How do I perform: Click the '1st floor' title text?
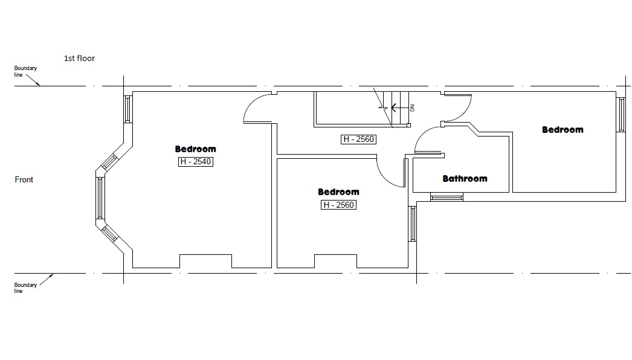click(x=79, y=59)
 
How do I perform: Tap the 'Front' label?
click(x=24, y=180)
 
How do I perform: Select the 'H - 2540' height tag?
click(x=196, y=162)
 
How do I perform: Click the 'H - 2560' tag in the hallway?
click(x=359, y=140)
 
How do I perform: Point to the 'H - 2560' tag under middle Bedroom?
click(x=338, y=205)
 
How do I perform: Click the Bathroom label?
click(x=465, y=179)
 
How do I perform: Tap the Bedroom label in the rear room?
click(x=563, y=130)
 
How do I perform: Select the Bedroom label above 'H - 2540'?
click(x=196, y=149)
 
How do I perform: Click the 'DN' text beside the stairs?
click(x=412, y=108)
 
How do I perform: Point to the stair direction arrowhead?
click(x=393, y=108)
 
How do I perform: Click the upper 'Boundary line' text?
click(x=25, y=71)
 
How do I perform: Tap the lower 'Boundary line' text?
click(x=25, y=288)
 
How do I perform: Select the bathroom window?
click(x=447, y=197)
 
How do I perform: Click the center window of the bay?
click(x=100, y=198)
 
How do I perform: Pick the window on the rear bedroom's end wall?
click(x=621, y=115)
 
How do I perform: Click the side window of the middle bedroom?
click(x=412, y=223)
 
